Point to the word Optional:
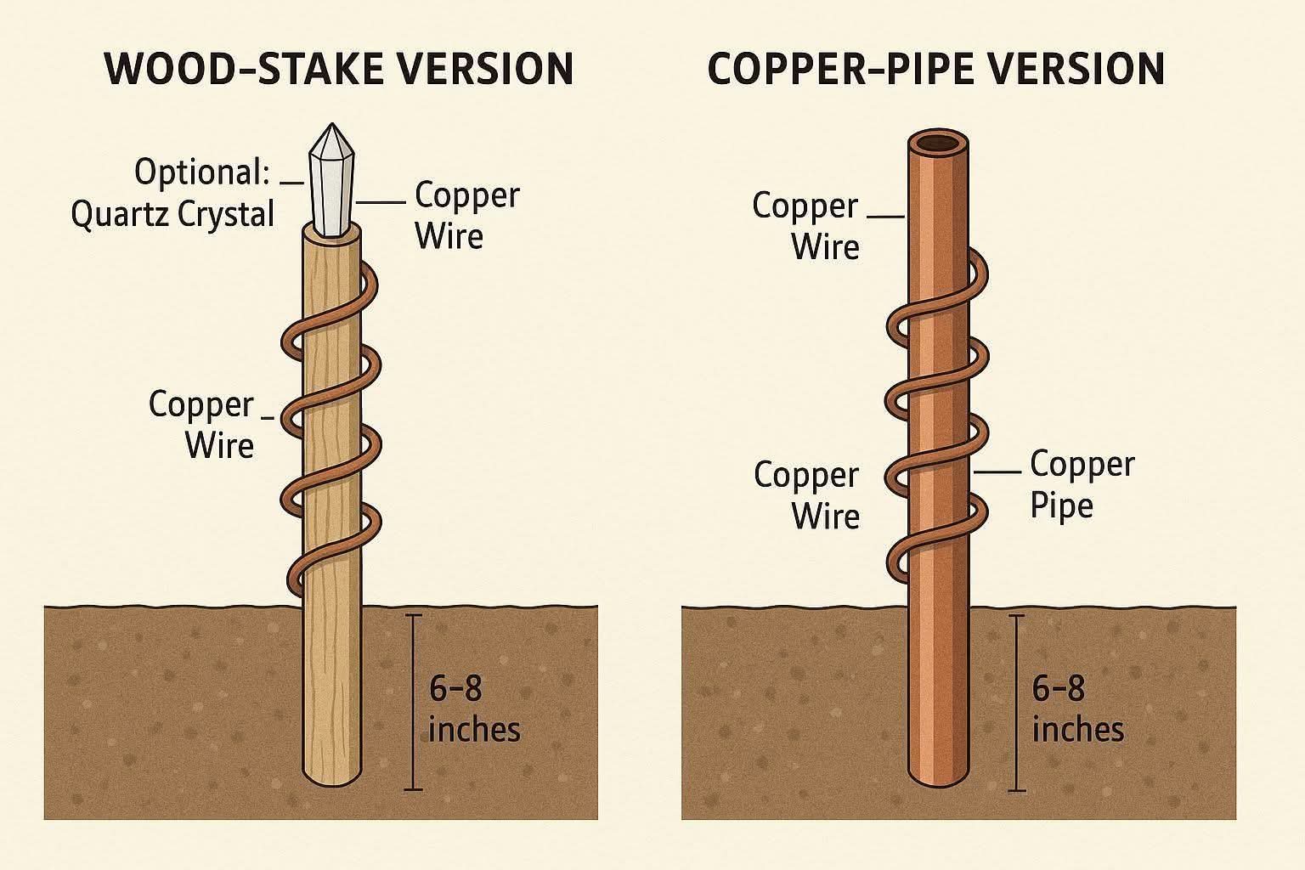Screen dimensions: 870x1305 point(202,172)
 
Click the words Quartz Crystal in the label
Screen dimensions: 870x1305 point(172,214)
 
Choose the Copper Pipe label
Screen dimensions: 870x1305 point(1082,484)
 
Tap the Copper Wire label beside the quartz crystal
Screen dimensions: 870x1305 point(466,215)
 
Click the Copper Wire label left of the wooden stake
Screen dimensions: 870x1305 point(202,424)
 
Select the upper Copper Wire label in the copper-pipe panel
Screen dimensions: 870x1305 point(805,226)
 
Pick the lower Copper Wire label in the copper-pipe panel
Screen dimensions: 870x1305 point(806,494)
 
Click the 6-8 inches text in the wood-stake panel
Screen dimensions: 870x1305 point(473,708)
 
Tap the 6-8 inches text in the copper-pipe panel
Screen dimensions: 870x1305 point(1077,708)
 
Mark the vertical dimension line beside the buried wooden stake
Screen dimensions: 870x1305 point(413,701)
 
